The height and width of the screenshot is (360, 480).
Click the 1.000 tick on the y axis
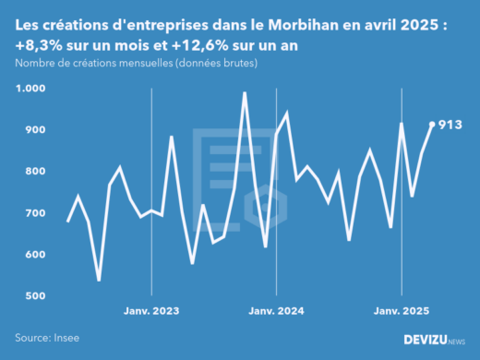pos(30,89)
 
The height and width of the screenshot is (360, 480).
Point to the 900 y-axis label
pos(34,130)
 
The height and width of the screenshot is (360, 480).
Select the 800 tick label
pos(34,172)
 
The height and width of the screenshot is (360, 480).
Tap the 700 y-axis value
pos(34,213)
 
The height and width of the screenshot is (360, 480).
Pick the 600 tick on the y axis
pos(34,255)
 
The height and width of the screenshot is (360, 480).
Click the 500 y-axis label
pos(34,296)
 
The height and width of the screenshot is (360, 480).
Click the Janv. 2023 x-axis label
pos(151,312)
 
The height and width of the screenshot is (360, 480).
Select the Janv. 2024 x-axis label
pos(276,312)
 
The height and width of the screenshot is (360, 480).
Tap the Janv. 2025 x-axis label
pos(402,312)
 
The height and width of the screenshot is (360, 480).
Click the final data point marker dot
pos(432,125)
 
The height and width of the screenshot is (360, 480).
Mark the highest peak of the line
pos(245,92)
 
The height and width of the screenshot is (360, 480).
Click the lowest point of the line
pos(99,280)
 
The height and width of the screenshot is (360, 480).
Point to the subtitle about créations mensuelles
pos(136,63)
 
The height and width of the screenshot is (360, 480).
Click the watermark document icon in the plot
pos(238,175)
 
